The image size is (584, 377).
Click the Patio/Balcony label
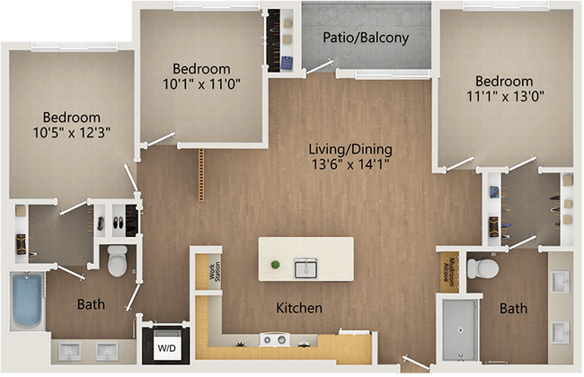[x=366, y=38]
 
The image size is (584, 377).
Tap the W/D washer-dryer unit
[x=167, y=346]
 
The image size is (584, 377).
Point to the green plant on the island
[x=275, y=266]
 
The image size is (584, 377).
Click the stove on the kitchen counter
[x=273, y=339]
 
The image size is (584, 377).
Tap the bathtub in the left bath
[x=26, y=301]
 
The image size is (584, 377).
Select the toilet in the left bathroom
[x=118, y=263]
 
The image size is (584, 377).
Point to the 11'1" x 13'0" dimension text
[x=506, y=93]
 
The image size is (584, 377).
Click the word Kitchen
[x=299, y=308]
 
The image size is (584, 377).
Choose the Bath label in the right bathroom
[x=513, y=309]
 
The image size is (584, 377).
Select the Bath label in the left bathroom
[x=91, y=304]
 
